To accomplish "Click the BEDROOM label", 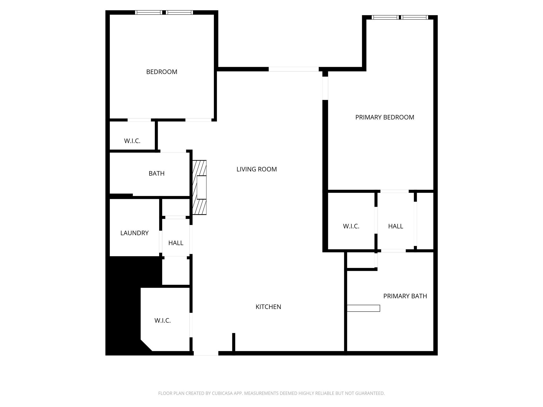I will coord(162,72).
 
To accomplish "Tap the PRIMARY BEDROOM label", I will coord(384,117).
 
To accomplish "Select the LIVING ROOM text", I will coord(256,169).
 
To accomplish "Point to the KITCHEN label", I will coord(268,307).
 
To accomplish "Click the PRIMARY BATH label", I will coord(405,296).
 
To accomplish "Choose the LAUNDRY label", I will coord(134,233).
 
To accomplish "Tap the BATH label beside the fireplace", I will coord(156,173).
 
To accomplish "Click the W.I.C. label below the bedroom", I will coord(132,141).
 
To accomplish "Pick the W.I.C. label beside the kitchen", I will coord(162,320).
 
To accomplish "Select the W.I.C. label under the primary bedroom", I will coord(351,226).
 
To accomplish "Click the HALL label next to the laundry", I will coord(176,243).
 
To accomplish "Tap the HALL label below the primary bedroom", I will coord(395,226).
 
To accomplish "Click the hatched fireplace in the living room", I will coord(199,187).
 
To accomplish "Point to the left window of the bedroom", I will coord(148,12).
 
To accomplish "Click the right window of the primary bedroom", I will coord(414,17).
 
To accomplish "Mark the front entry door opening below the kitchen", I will coord(206,353).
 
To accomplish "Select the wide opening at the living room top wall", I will coord(294,69).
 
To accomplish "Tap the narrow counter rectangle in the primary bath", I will coord(363,308).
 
